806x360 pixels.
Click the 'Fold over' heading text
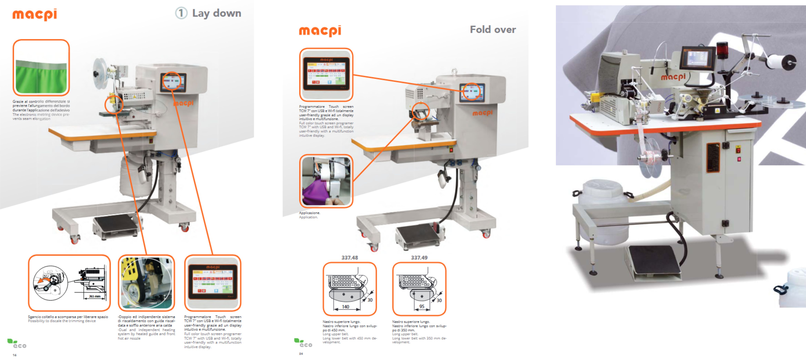493,29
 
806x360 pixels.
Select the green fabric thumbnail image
41,68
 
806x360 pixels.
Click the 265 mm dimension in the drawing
94,296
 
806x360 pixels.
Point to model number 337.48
350,258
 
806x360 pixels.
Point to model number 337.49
419,258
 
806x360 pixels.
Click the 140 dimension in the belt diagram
345,307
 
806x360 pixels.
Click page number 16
14,355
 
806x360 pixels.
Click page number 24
301,354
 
